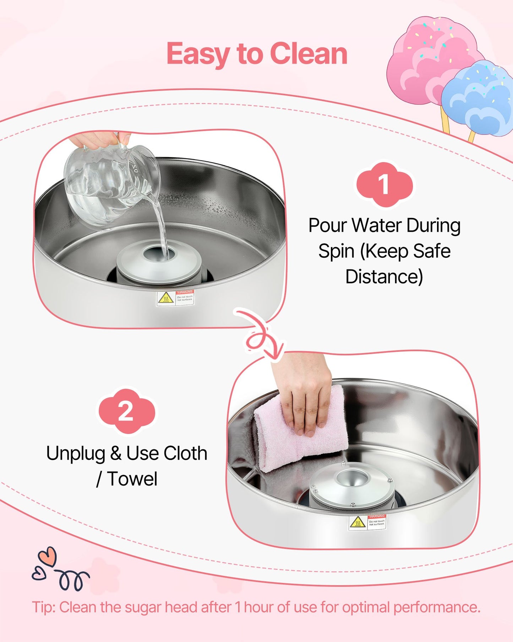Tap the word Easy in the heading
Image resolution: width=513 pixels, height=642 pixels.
tap(198, 54)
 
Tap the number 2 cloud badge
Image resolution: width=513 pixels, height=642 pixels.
tap(126, 411)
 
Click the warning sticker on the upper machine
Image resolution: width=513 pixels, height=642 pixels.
tap(175, 298)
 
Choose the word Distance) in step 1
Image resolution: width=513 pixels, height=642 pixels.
tap(384, 277)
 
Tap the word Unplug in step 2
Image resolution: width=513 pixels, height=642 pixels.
tap(76, 453)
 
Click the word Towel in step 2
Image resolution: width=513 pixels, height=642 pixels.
tap(132, 479)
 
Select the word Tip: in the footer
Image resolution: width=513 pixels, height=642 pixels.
tap(44, 607)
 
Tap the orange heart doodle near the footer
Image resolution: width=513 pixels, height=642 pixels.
tap(48, 556)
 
